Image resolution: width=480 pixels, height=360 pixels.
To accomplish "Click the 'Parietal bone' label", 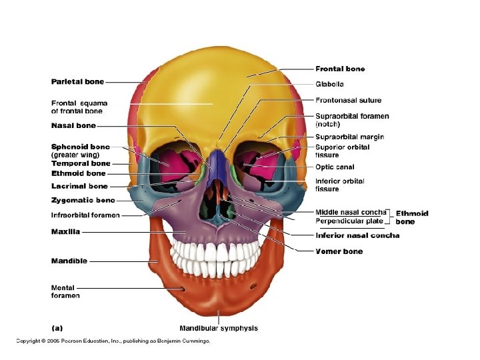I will (77, 82).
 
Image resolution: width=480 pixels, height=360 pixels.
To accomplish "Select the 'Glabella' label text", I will (329, 85).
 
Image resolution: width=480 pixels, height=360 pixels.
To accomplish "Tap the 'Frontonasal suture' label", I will (348, 101).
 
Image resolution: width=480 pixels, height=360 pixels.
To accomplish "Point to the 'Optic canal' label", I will (335, 167).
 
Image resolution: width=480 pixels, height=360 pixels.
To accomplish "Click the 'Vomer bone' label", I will (339, 251).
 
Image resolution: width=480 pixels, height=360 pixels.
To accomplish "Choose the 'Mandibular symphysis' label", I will (219, 328).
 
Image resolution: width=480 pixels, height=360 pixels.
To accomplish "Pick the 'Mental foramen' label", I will (65, 292).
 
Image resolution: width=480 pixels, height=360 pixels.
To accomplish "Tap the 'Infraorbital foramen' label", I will (85, 215).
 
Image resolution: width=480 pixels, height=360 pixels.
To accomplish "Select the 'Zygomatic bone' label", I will (83, 200).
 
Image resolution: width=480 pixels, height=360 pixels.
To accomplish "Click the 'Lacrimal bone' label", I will (79, 187).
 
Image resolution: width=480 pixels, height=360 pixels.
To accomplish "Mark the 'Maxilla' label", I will (65, 232).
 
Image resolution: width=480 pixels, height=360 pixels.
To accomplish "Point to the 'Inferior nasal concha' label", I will (357, 235).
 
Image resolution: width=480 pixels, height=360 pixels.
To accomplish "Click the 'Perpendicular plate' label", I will (349, 221).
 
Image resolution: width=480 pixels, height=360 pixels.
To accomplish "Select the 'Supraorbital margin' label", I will (349, 137).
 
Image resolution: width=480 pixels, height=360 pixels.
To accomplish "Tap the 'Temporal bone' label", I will (81, 163).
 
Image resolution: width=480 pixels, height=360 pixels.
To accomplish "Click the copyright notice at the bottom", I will (113, 341).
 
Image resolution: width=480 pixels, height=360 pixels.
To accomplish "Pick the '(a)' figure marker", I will (57, 328).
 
